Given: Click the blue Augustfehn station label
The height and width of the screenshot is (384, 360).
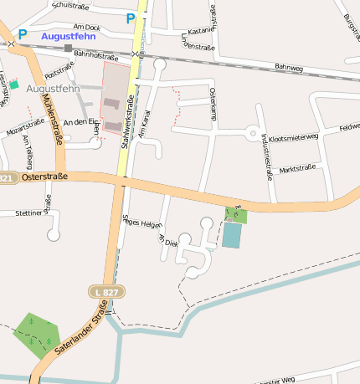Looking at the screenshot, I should pyautogui.click(x=68, y=37).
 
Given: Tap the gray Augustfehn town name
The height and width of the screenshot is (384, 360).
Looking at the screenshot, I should pyautogui.click(x=54, y=88).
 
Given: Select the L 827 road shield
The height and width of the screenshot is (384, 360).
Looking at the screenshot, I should pyautogui.click(x=106, y=291).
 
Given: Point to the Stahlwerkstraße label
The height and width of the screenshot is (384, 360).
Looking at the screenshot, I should pyautogui.click(x=130, y=121).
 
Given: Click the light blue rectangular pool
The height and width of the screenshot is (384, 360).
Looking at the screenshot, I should pyautogui.click(x=231, y=235).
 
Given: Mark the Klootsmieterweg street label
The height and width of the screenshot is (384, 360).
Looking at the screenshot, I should pyautogui.click(x=294, y=136).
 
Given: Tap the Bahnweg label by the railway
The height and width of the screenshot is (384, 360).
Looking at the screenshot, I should pyautogui.click(x=288, y=67).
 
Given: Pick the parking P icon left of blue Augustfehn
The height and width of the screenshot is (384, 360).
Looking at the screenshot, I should pyautogui.click(x=23, y=35).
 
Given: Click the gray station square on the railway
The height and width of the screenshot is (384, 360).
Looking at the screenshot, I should pyautogui.click(x=69, y=48).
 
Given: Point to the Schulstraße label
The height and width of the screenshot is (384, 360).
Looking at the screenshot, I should pyautogui.click(x=70, y=5).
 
